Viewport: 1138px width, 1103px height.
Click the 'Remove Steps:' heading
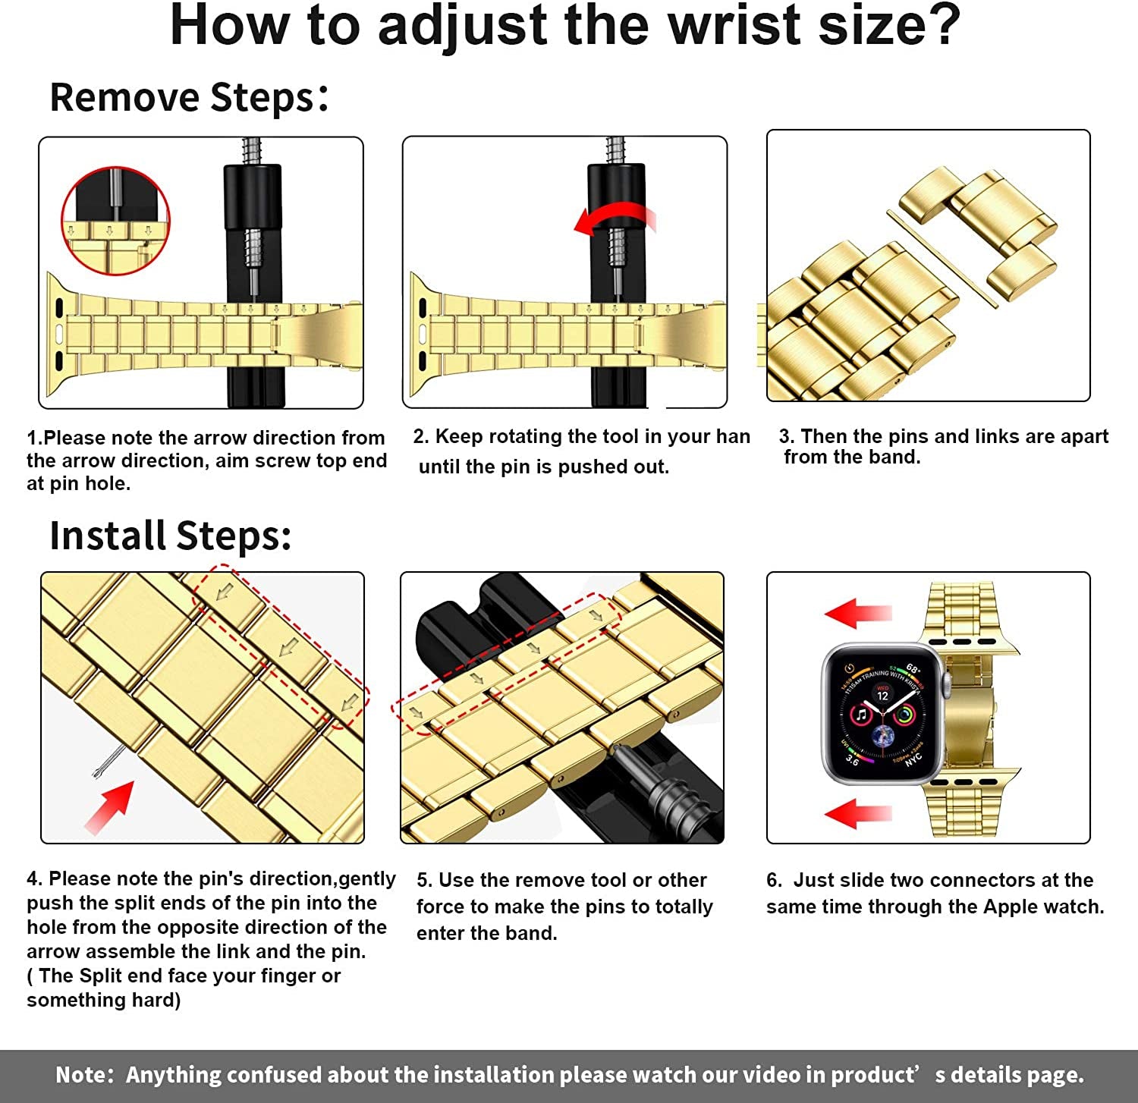189,98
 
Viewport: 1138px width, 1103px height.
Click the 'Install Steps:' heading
170,536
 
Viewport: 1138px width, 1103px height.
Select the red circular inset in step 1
115,221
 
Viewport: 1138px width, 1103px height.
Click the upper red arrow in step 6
858,613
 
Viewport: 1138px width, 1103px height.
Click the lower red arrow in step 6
858,813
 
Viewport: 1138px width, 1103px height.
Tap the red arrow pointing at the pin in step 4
111,807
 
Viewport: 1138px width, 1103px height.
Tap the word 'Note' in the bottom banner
83,1075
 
